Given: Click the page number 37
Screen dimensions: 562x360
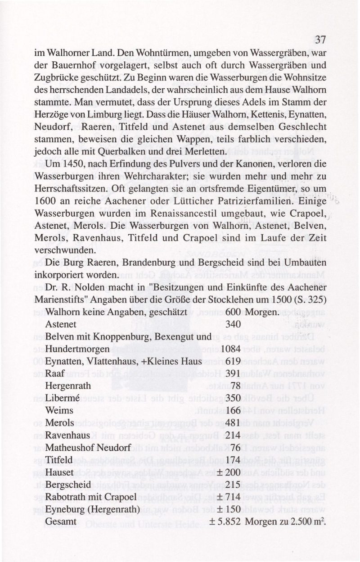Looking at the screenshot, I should click(319, 40).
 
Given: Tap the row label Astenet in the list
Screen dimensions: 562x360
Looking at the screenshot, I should click(61, 324).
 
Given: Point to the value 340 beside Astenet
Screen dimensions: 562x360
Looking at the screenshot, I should click(233, 324).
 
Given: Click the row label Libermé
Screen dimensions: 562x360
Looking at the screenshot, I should click(62, 398).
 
